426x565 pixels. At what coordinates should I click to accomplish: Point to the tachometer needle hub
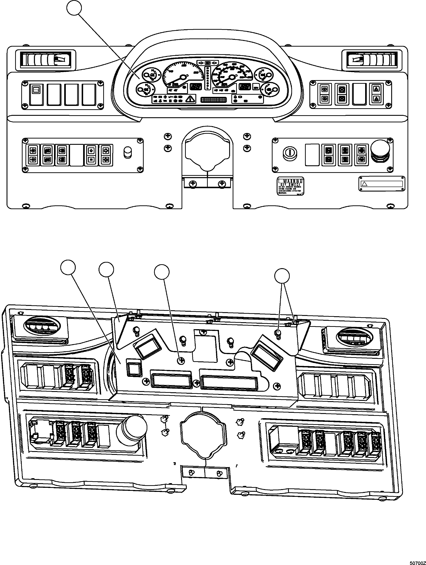183,77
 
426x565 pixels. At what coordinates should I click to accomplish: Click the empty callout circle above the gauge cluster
74,8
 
